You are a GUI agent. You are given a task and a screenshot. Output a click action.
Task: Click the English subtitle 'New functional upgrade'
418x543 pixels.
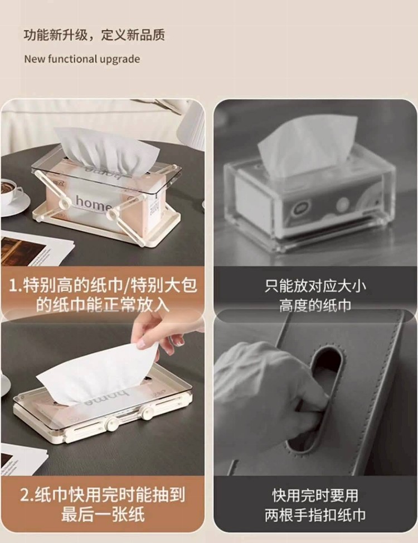pos(82,59)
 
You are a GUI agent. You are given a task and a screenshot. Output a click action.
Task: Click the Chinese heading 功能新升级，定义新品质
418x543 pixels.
pos(94,35)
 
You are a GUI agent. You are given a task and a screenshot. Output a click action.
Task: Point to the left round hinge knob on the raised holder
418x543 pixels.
pos(64,202)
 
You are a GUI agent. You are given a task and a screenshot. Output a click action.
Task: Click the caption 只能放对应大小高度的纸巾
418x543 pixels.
pos(315,296)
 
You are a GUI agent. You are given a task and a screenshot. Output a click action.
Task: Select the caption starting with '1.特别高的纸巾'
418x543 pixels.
pos(103,295)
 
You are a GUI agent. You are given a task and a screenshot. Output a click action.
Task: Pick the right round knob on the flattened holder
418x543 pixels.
pos(148,412)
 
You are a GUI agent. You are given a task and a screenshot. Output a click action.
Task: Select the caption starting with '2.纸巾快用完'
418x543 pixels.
pos(103,504)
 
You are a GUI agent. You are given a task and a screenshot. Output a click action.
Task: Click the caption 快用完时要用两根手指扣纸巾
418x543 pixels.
pos(315,505)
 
